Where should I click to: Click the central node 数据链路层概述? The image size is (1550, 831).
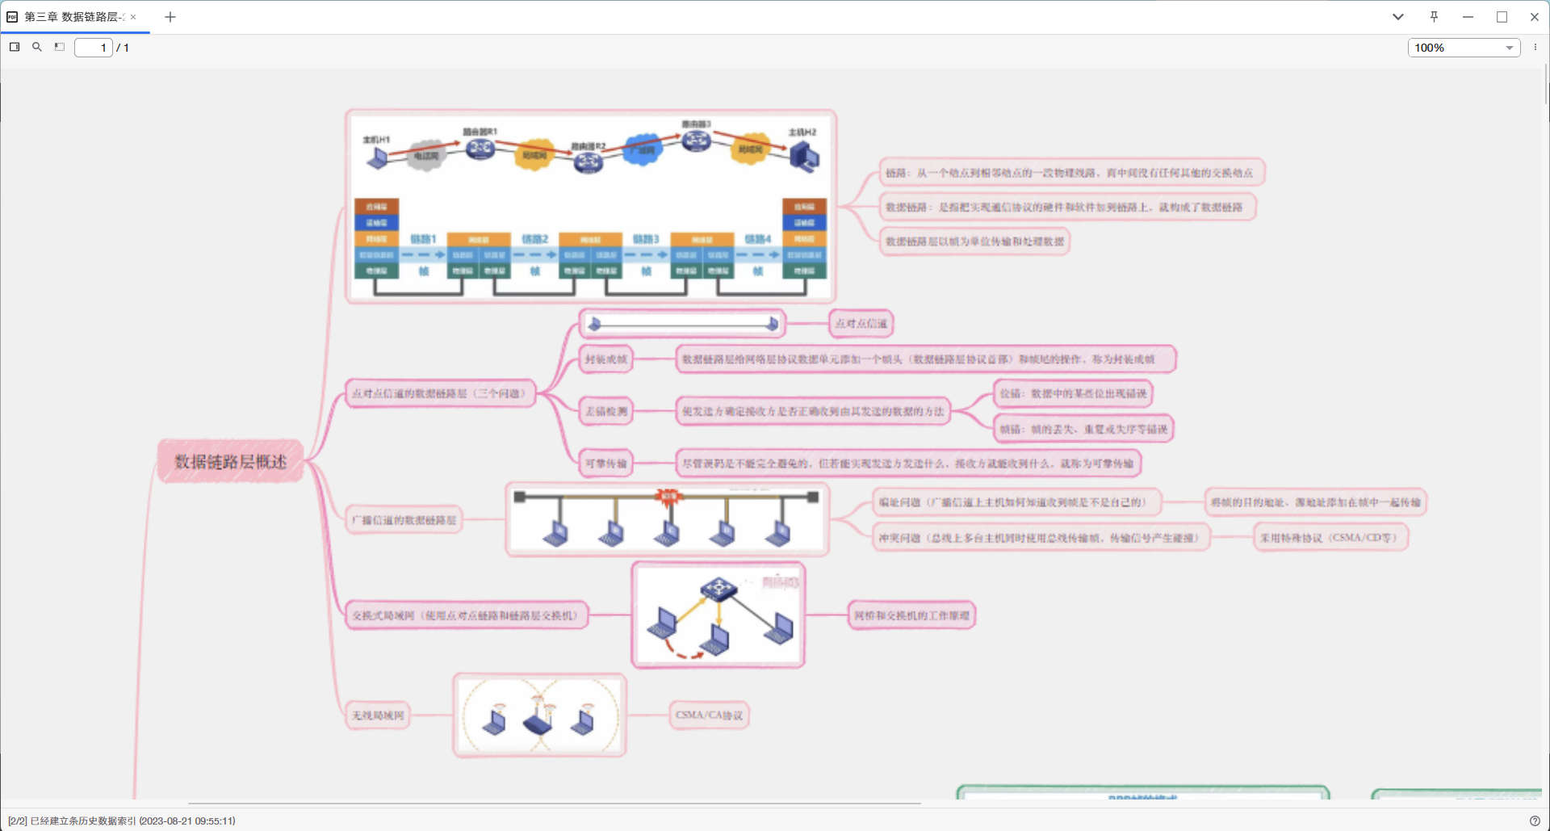230,461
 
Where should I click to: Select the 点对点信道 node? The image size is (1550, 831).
861,324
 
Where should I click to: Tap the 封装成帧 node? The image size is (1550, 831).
605,359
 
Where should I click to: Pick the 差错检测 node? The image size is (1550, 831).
605,411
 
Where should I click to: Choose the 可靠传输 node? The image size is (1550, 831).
605,464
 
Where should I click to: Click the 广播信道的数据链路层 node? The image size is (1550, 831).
404,520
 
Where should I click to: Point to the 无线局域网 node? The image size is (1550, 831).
378,716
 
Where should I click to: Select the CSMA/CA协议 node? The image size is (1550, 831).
709,716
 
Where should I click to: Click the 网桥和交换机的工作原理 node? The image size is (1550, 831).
911,615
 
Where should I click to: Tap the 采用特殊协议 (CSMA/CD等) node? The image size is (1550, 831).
1330,538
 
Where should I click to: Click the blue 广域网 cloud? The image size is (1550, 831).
643,149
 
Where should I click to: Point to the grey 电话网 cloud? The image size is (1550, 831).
425,155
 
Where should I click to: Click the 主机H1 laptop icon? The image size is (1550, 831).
377,157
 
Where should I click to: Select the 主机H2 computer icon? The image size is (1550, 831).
804,156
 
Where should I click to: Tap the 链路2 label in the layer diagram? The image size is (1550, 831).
534,239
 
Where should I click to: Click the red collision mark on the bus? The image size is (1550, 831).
668,496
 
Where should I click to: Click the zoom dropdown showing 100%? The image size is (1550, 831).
1463,48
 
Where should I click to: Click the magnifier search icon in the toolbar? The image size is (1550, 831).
37,48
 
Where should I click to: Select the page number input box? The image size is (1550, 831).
94,48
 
